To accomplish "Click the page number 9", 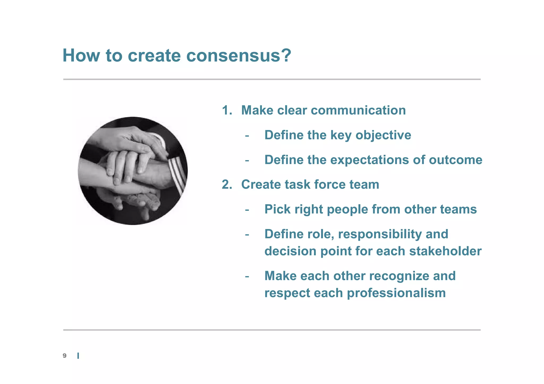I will pos(65,356).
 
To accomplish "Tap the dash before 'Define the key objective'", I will pos(247,136).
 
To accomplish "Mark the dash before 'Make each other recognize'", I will pos(247,276).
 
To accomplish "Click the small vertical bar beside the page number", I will pos(78,356).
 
